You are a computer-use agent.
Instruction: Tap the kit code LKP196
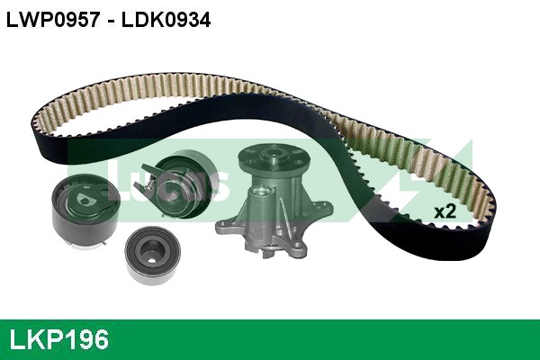click(x=58, y=339)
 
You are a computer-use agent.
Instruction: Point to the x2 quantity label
click(x=445, y=211)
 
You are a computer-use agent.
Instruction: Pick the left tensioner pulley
click(x=82, y=211)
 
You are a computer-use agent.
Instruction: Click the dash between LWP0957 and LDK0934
click(x=108, y=20)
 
